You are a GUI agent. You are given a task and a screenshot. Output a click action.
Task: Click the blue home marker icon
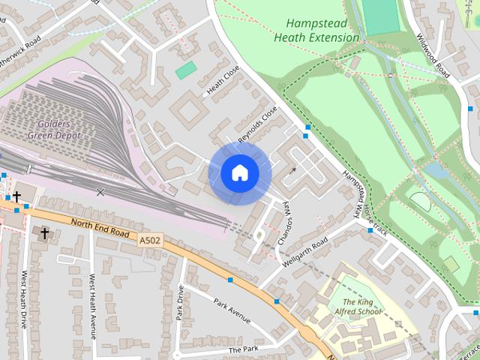pyautogui.click(x=239, y=173)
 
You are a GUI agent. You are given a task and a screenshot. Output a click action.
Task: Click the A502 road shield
pyautogui.click(x=148, y=239)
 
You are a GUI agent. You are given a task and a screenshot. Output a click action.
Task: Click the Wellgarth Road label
pyautogui.click(x=305, y=253)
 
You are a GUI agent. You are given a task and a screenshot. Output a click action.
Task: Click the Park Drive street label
pyautogui.click(x=180, y=304)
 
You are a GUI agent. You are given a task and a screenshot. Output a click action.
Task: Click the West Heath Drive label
pyautogui.click(x=24, y=300)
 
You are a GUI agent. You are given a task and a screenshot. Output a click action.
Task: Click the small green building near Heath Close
pyautogui.click(x=186, y=70)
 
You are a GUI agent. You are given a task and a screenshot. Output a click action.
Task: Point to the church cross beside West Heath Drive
pyautogui.click(x=44, y=234)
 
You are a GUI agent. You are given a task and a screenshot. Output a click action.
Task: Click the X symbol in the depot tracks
pyautogui.click(x=100, y=193)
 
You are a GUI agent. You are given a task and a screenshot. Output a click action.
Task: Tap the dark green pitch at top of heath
pyautogui.click(x=382, y=16)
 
